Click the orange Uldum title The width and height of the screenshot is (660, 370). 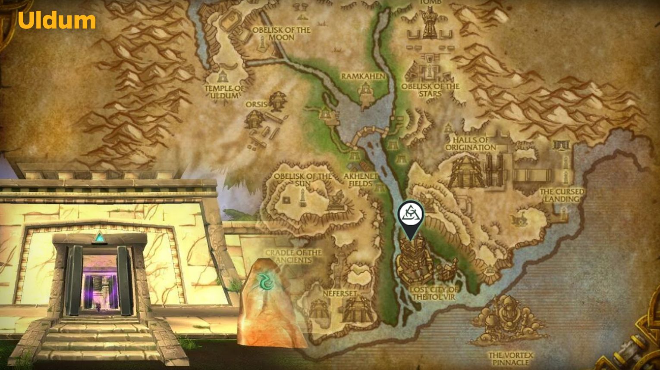[x=57, y=21]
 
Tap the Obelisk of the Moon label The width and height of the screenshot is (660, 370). [x=281, y=34]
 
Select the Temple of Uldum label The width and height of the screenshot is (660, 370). [x=224, y=91]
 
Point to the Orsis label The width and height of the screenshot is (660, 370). [x=256, y=104]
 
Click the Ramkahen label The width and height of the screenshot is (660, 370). [x=363, y=76]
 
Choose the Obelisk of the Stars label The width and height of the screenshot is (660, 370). [x=430, y=90]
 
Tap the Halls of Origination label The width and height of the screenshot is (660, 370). [x=471, y=143]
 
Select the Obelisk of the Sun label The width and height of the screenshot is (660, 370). [x=303, y=180]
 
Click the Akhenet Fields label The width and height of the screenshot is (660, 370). [x=361, y=180]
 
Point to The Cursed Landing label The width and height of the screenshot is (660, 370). [x=562, y=195]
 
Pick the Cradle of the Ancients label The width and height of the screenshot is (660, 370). [x=293, y=256]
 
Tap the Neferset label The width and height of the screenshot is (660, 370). [x=340, y=293]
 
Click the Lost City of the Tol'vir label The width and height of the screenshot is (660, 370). [x=434, y=293]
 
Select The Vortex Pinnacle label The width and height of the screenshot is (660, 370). [x=510, y=359]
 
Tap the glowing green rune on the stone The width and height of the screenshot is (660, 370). [x=264, y=281]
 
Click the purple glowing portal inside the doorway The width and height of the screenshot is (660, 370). [x=100, y=284]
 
